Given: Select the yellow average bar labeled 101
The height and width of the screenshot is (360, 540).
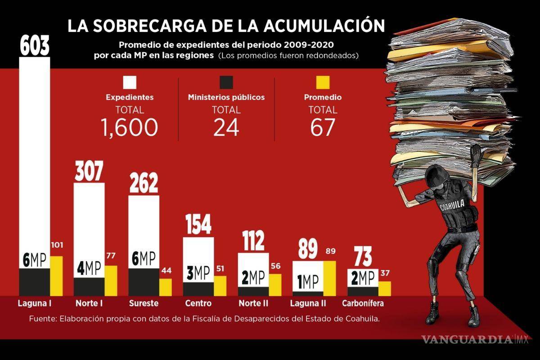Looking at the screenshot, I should [56, 275].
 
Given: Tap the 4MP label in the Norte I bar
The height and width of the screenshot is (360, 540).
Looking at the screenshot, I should [89, 269].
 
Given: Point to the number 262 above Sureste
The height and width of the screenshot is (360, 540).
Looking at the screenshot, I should [144, 184].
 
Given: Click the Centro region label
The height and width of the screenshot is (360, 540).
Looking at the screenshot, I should [198, 303].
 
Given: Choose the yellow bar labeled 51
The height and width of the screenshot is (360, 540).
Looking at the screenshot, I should [220, 285].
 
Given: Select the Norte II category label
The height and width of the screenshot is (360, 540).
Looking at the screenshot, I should [253, 303].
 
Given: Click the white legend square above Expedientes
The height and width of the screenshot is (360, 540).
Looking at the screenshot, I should [130, 83].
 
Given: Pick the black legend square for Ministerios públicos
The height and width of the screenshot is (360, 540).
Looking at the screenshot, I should [226, 83].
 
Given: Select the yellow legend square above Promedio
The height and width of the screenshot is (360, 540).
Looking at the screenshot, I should [323, 83].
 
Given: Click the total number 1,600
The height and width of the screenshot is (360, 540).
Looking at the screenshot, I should [130, 127].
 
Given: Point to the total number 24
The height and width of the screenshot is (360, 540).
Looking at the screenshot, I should [226, 127].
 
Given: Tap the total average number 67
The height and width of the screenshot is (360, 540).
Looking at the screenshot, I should [323, 127].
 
